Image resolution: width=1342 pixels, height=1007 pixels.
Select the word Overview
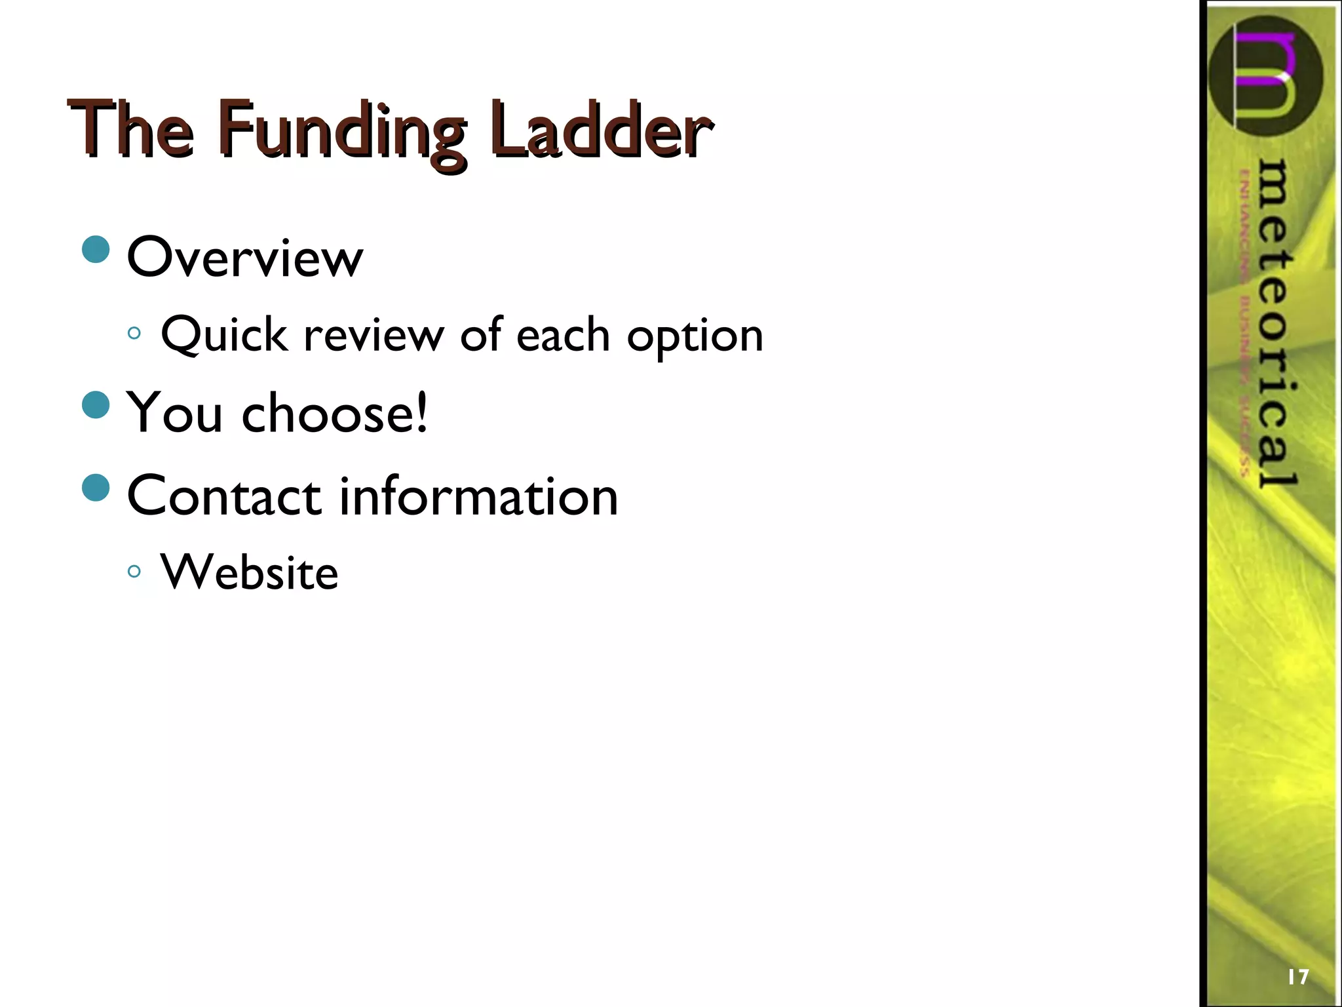[x=244, y=257]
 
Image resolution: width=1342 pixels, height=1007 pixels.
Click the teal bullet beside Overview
[x=96, y=250]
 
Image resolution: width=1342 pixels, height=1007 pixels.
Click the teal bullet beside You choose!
[x=96, y=405]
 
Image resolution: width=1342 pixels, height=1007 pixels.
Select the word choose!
[x=335, y=413]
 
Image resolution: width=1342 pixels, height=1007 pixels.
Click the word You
[x=175, y=413]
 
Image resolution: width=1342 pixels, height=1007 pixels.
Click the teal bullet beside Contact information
[x=96, y=488]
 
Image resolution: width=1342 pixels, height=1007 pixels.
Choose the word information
[x=478, y=496]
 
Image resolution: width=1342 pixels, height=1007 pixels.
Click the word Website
[x=249, y=572]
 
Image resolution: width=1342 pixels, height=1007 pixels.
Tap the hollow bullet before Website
[x=134, y=572]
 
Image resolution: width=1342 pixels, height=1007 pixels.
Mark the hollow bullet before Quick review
[x=134, y=333]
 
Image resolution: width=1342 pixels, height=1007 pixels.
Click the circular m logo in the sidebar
[x=1265, y=75]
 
